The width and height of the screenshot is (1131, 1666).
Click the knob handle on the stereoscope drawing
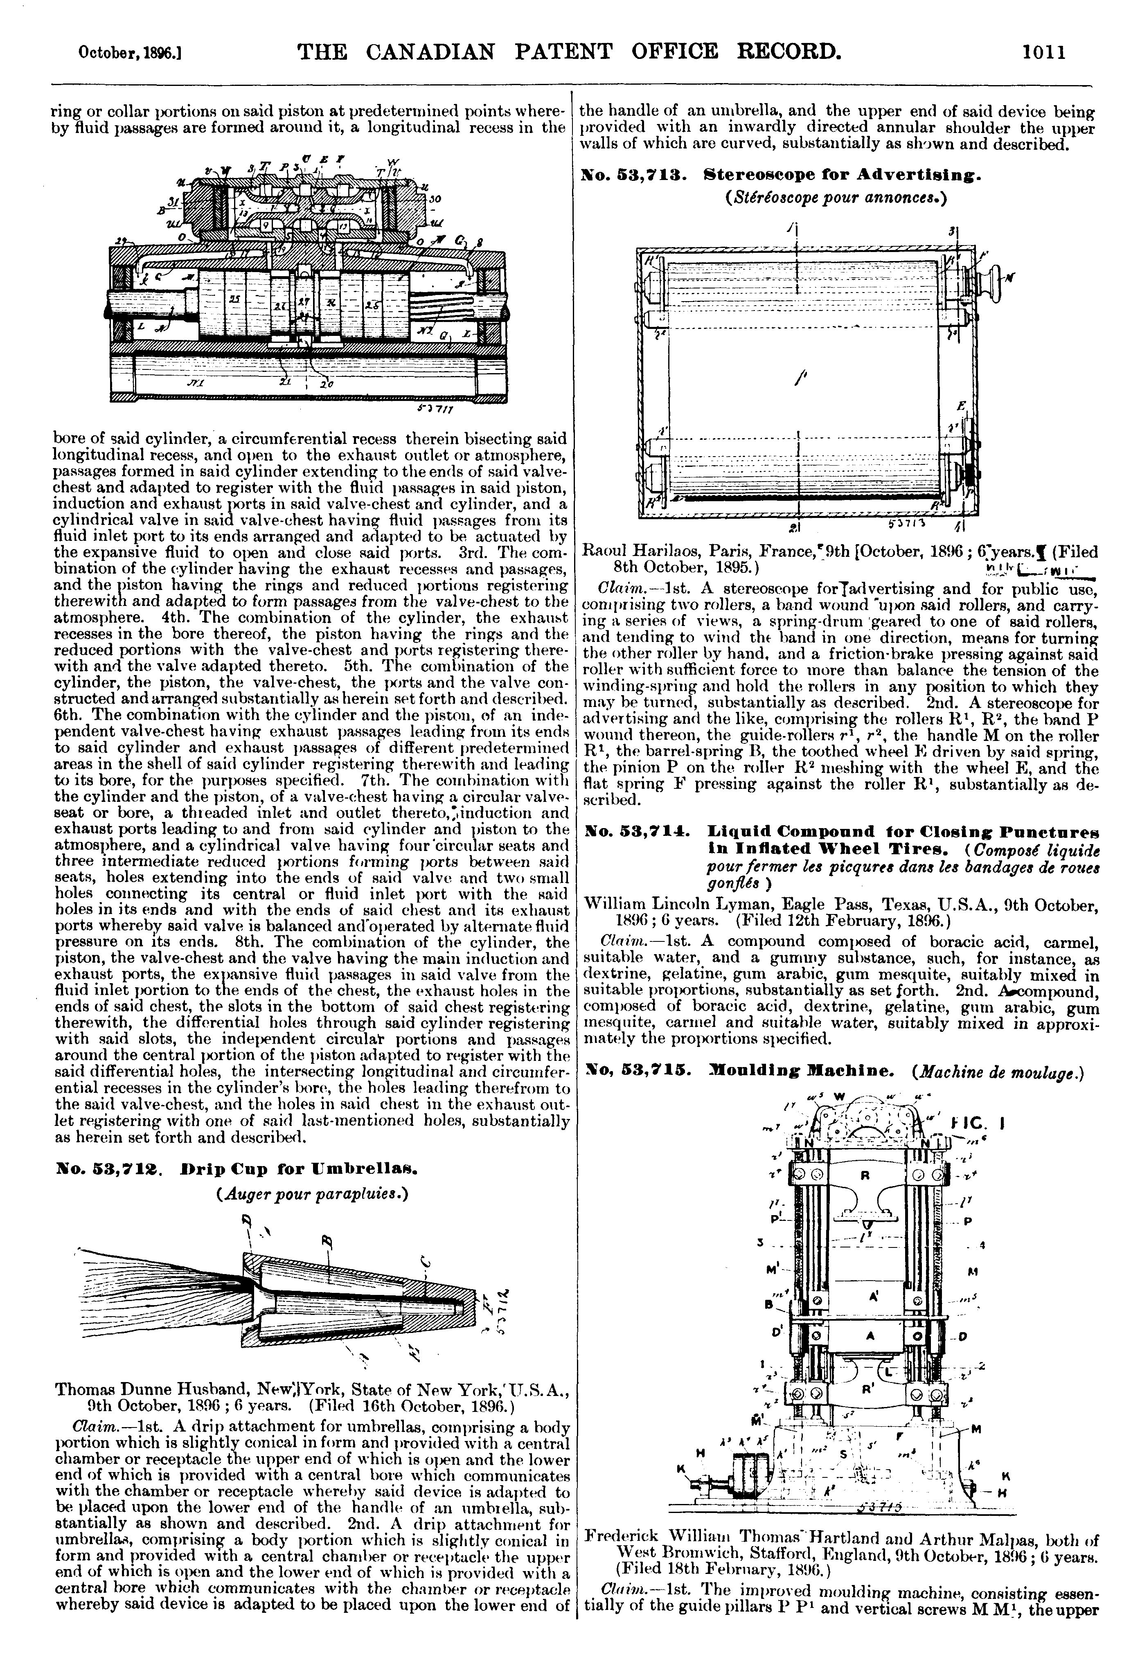click(996, 276)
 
